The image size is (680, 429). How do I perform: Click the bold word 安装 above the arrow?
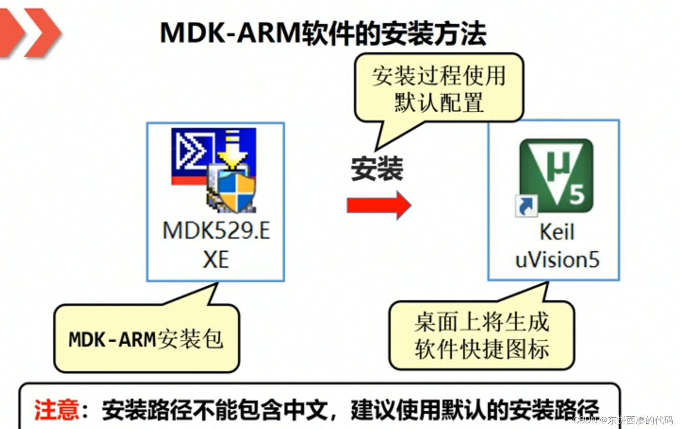(377, 169)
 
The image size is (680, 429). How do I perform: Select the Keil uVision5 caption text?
(557, 246)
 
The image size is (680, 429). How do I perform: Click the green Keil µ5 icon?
(556, 175)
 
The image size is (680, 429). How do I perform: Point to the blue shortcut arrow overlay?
(526, 206)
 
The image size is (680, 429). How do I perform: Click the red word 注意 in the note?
(57, 409)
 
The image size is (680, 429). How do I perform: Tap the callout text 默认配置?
(439, 103)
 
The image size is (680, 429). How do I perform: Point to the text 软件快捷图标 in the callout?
(482, 349)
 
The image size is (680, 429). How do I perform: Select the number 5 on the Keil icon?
(576, 194)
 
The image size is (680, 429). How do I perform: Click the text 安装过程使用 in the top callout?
(439, 76)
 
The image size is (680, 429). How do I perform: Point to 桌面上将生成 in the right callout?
(482, 322)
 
